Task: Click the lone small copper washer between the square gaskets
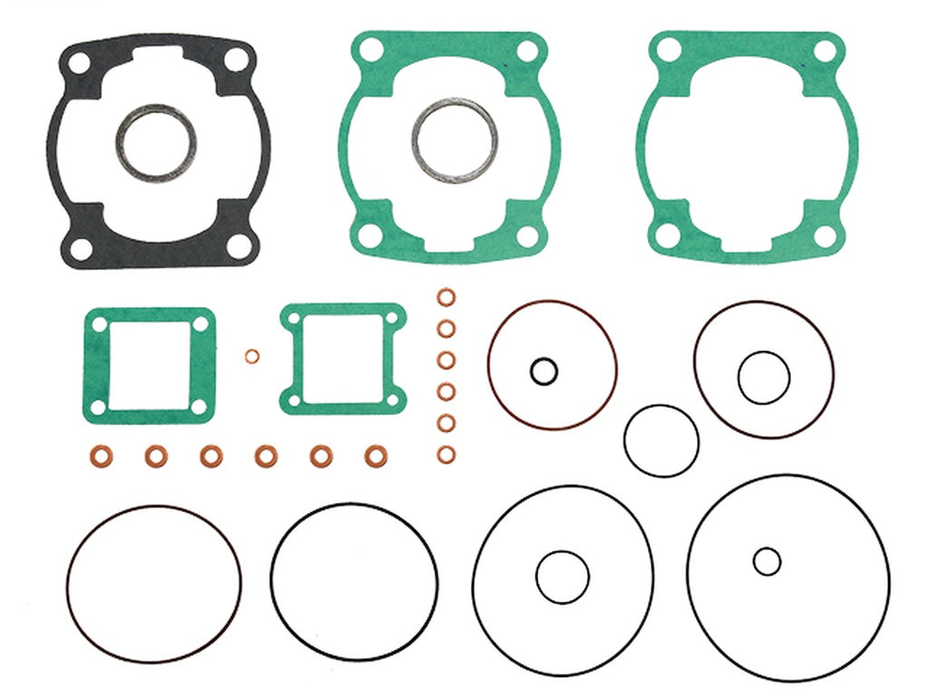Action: [x=251, y=355]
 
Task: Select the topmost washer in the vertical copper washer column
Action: [x=446, y=298]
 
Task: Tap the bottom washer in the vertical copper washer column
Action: [x=446, y=454]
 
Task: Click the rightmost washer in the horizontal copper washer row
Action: [x=374, y=456]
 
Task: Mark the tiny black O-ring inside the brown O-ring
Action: [x=544, y=370]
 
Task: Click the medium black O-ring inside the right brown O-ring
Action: [x=763, y=377]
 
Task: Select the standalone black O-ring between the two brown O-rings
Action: [x=661, y=440]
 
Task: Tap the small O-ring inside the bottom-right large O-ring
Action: [x=767, y=562]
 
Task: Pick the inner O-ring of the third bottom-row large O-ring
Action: [x=562, y=577]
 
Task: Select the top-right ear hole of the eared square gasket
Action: [x=391, y=319]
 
